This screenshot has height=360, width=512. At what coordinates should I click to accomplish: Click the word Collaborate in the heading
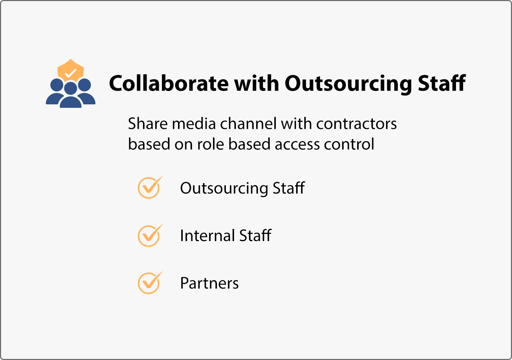pyautogui.click(x=169, y=83)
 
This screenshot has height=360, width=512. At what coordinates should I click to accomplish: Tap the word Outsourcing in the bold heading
pyautogui.click(x=348, y=84)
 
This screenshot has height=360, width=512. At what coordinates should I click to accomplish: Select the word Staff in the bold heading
pyautogui.click(x=442, y=83)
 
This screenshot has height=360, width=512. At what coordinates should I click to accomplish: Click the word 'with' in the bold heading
pyautogui.click(x=257, y=83)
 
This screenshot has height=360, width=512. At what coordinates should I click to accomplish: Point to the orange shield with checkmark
pyautogui.click(x=71, y=70)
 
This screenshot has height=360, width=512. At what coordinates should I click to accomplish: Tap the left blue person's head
pyautogui.click(x=57, y=85)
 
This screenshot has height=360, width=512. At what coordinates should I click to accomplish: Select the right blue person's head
pyautogui.click(x=84, y=85)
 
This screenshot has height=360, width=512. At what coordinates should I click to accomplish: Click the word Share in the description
pyautogui.click(x=148, y=124)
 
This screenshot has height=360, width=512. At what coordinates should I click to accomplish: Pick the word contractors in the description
pyautogui.click(x=356, y=124)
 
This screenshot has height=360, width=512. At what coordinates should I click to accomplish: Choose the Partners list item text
pyautogui.click(x=209, y=283)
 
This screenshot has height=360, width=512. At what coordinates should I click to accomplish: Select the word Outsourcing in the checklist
pyautogui.click(x=224, y=189)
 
